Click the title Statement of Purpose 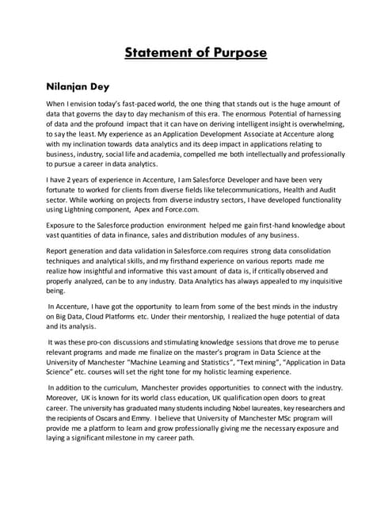(x=196, y=53)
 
